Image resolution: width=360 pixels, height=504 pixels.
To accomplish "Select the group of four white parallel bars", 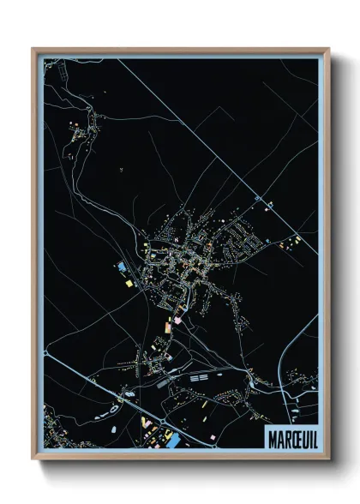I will tap(199, 376).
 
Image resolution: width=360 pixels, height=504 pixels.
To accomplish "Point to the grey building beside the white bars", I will tap(164, 383).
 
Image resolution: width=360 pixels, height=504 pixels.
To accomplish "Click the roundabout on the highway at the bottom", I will tap(130, 393).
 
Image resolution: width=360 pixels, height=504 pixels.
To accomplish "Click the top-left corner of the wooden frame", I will tap(33, 49).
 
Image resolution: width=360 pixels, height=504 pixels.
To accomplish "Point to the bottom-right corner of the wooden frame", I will tap(327, 459).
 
